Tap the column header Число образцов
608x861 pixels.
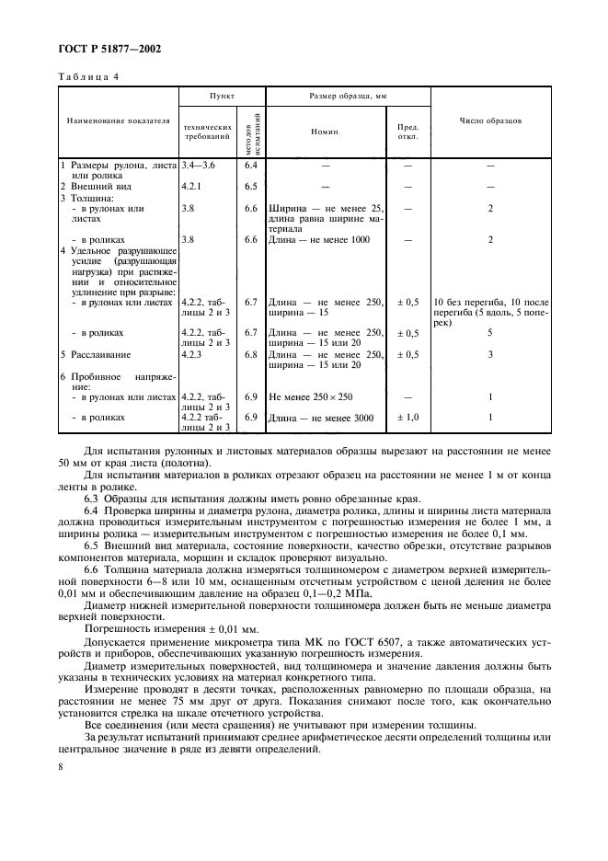pos(490,121)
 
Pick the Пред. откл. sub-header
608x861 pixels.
pos(407,132)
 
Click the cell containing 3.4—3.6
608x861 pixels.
pos(199,165)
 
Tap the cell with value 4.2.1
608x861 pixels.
pos(192,186)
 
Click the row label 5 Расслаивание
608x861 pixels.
pos(95,353)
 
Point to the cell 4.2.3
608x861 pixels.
pos(192,353)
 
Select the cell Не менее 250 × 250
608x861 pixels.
pos(311,396)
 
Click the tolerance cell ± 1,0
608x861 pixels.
pos(407,418)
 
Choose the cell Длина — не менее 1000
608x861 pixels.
pos(319,239)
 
